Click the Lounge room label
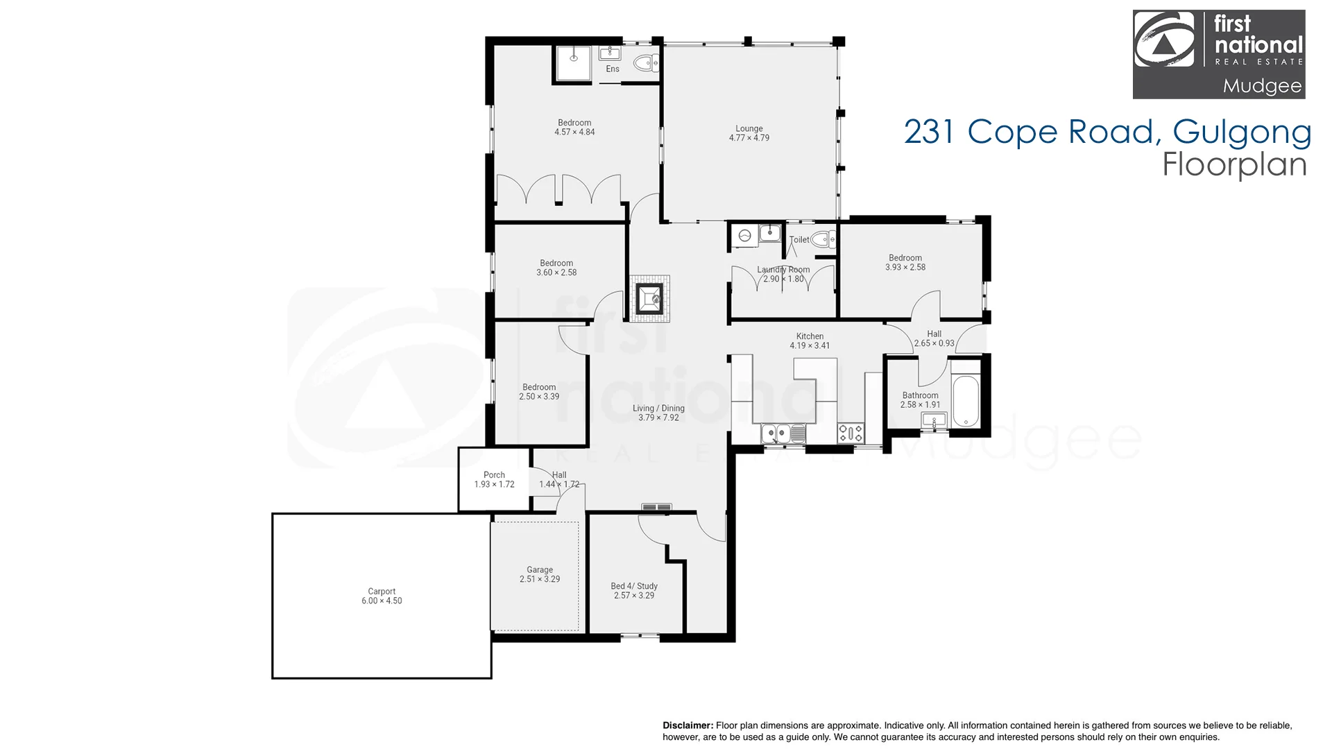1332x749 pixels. click(x=749, y=128)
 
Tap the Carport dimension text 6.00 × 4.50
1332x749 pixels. click(x=382, y=601)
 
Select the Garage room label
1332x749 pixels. click(x=540, y=570)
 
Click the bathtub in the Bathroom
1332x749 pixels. click(x=966, y=401)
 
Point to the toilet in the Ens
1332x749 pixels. click(x=647, y=64)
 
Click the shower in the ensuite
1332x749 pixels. click(x=574, y=64)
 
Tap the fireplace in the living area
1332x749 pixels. click(x=651, y=299)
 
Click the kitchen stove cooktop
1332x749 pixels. click(x=851, y=433)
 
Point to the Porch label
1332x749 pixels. click(x=494, y=475)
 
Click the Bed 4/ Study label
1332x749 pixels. click(x=634, y=586)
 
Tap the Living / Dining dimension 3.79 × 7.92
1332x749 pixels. click(x=659, y=417)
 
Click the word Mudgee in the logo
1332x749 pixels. click(x=1263, y=87)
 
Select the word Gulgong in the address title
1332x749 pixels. click(x=1242, y=132)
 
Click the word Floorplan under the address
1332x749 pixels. click(x=1235, y=165)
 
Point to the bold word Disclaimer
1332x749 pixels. click(x=688, y=725)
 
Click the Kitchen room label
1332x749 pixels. click(x=810, y=336)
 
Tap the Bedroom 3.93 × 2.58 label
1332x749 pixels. click(x=905, y=262)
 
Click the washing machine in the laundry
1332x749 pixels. click(x=745, y=236)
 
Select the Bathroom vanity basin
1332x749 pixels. click(x=934, y=420)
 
